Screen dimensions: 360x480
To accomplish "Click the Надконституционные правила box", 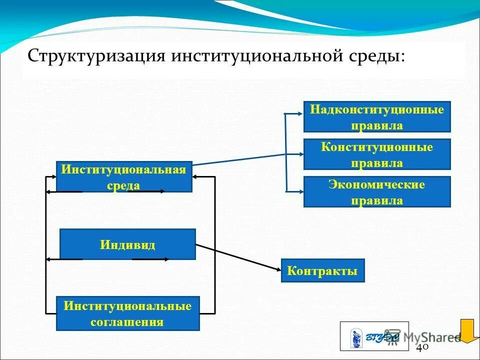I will pyautogui.click(x=377, y=117).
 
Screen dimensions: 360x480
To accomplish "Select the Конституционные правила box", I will pyautogui.click(x=377, y=154).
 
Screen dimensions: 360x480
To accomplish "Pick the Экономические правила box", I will pyautogui.click(x=377, y=192).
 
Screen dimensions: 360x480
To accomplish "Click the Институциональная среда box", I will pyautogui.click(x=124, y=177).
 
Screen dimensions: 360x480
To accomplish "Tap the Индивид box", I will pyautogui.click(x=127, y=244).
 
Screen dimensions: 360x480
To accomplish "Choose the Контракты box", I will pyautogui.click(x=322, y=271).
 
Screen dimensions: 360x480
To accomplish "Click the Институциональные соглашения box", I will pyautogui.click(x=127, y=313).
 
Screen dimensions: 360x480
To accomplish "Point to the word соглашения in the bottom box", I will pyautogui.click(x=127, y=321).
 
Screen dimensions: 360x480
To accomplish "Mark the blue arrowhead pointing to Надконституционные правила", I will pyautogui.click(x=299, y=114).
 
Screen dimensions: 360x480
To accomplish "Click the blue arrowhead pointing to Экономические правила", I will pyautogui.click(x=299, y=190).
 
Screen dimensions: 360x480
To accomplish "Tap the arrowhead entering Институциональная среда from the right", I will pyautogui.click(x=196, y=177).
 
